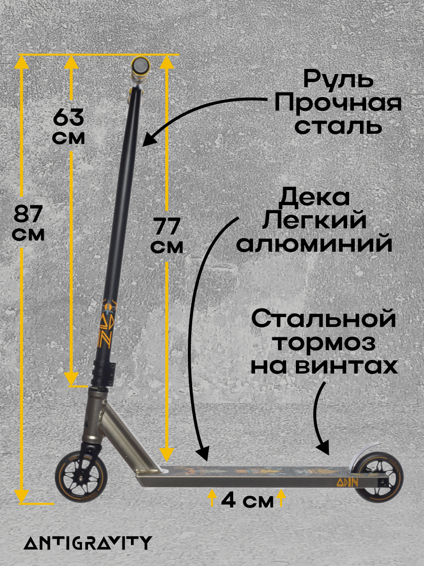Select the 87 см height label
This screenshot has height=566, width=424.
pos(29,224)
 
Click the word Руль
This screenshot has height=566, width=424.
pos(338,79)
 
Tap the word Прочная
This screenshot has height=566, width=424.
pos(338,103)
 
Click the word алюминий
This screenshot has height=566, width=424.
pos(314,244)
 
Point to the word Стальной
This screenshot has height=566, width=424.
pos(323,319)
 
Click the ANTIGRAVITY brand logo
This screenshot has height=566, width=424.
pos(88,542)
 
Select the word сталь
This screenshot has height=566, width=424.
pos(338,126)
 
